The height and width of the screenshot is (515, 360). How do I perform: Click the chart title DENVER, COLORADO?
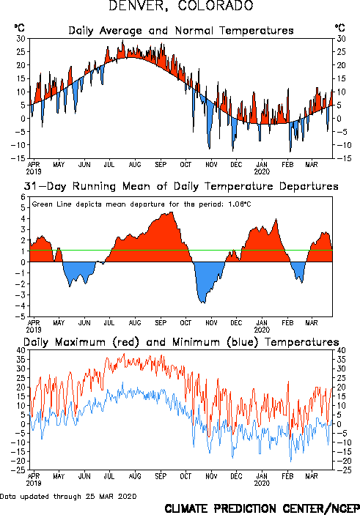[x=181, y=5]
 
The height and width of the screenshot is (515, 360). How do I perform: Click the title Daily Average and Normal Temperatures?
[x=181, y=31]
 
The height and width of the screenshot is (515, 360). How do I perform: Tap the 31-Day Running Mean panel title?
[x=181, y=186]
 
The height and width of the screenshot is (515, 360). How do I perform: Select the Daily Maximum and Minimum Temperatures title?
[x=181, y=342]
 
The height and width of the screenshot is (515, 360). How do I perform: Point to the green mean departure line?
[x=181, y=251]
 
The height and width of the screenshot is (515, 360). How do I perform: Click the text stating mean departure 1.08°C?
[x=142, y=204]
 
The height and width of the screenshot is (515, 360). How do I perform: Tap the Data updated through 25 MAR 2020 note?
[x=68, y=496]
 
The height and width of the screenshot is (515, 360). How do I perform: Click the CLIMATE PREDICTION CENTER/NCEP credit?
[x=262, y=508]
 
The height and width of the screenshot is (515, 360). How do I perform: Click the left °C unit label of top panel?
[x=19, y=28]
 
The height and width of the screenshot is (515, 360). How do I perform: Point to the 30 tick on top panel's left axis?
[x=21, y=39]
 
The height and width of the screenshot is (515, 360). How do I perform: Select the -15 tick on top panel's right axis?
[x=343, y=158]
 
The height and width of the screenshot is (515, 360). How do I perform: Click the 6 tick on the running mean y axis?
[x=23, y=197]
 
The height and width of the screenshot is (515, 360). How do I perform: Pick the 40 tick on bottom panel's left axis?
[x=21, y=350]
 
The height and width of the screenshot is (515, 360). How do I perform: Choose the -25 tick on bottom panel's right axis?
[x=343, y=470]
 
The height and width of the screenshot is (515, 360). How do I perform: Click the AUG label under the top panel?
[x=135, y=164]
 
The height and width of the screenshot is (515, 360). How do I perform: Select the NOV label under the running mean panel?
[x=211, y=323]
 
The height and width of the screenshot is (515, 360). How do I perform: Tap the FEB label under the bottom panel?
[x=287, y=476]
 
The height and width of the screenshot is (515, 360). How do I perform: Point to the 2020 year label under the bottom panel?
[x=262, y=483]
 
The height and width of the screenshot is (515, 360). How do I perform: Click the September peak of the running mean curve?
[x=172, y=212]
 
